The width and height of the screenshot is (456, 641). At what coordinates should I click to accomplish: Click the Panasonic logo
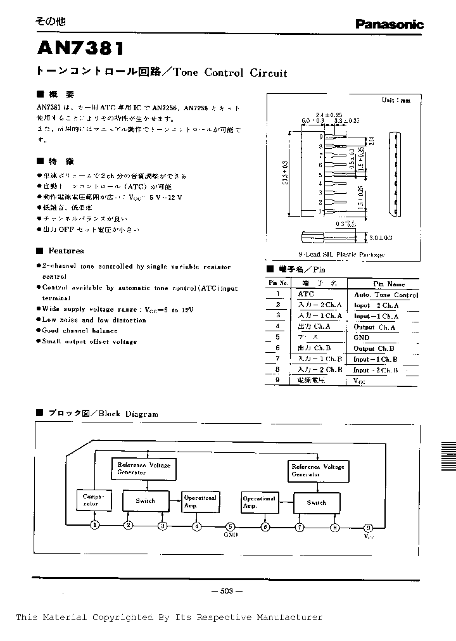388,25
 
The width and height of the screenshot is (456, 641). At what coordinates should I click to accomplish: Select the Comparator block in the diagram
89,500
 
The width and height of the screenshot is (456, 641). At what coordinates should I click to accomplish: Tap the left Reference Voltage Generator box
144,468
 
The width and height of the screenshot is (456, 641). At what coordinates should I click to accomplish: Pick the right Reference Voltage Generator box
317,470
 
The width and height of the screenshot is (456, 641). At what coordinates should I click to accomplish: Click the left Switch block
146,500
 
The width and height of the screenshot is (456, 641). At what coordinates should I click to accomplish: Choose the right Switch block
317,502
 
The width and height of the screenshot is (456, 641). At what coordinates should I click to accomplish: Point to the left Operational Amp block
199,501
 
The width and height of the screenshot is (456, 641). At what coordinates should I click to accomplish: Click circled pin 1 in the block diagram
94,525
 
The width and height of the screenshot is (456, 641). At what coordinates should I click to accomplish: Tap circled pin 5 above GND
231,526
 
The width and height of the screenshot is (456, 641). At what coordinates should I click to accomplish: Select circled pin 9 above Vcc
368,527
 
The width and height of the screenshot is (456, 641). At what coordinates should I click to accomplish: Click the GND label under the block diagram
231,535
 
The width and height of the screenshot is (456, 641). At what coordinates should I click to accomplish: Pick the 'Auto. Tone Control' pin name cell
386,295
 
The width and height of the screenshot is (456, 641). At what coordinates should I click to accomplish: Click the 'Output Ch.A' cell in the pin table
374,327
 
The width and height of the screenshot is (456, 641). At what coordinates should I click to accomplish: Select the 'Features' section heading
66,251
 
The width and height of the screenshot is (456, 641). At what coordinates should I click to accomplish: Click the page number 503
227,591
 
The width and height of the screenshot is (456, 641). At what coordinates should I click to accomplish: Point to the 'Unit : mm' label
396,100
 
